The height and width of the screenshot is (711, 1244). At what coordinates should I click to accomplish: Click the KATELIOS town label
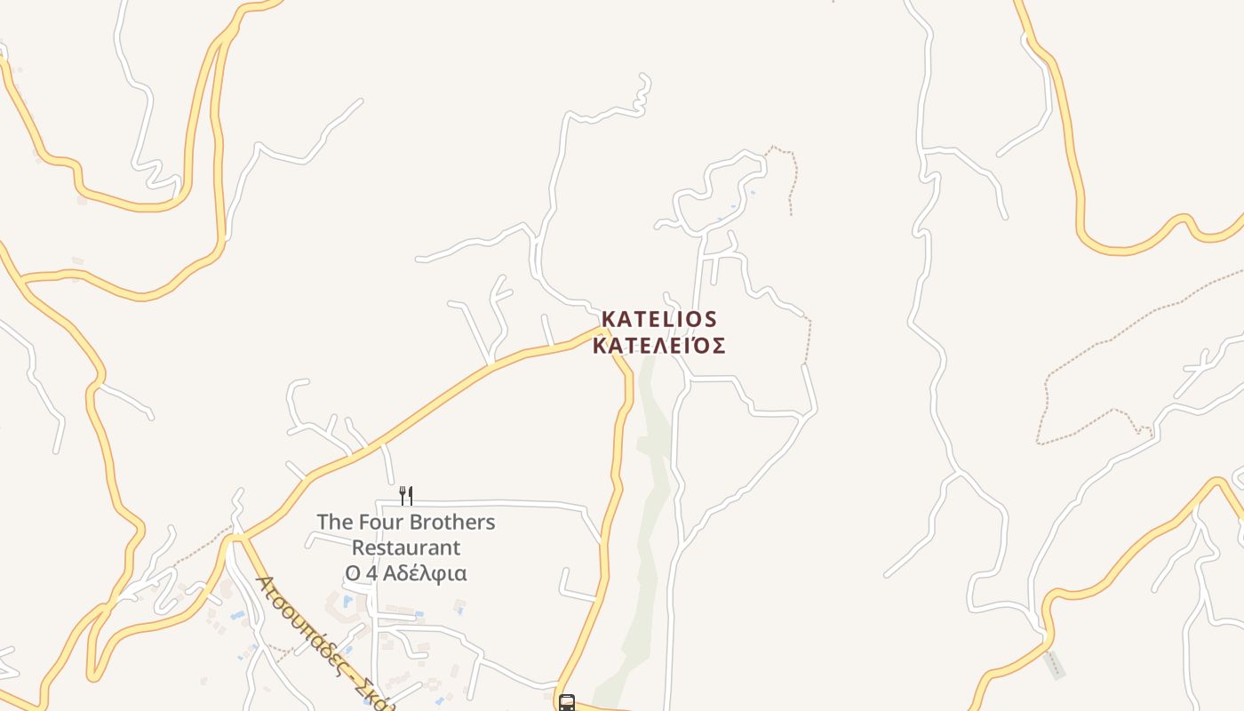658,319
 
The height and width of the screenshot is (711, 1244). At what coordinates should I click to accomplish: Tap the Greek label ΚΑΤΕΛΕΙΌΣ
658,346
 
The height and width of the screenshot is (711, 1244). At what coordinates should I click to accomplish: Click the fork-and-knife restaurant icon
405,495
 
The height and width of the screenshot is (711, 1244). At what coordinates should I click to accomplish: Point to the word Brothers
451,522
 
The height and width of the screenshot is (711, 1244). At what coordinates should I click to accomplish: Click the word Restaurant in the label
406,547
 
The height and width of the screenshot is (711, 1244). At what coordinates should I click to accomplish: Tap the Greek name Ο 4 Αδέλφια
406,573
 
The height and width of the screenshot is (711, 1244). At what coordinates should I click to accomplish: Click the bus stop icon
566,703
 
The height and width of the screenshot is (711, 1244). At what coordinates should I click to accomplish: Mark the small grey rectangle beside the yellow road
1054,665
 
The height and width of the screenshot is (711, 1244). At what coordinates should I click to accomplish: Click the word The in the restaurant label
335,522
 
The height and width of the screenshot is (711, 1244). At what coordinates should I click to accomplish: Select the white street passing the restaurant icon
498,504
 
